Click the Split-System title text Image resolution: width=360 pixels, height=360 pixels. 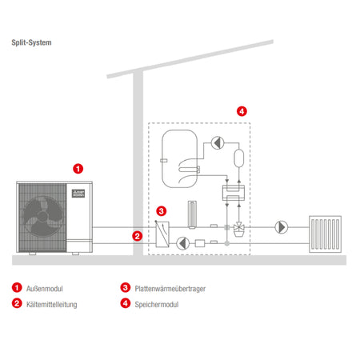click(31, 42)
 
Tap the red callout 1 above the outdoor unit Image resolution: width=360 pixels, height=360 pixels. click(78, 169)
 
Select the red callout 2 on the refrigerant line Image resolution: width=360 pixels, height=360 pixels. click(138, 236)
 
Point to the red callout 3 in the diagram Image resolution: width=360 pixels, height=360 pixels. click(162, 211)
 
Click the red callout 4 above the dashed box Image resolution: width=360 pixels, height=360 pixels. click(242, 111)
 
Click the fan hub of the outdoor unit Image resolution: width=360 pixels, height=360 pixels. click(42, 216)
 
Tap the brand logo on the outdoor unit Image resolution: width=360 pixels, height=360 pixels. click(78, 194)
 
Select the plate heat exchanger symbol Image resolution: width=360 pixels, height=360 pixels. click(162, 234)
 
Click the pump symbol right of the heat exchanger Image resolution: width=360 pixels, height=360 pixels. click(183, 243)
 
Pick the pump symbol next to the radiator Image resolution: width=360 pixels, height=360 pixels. click(282, 227)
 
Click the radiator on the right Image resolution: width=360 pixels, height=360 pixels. click(325, 234)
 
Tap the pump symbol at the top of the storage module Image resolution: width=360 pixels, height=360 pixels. click(218, 143)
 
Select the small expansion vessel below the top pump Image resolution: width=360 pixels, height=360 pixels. click(239, 158)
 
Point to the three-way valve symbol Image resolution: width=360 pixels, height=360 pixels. click(239, 229)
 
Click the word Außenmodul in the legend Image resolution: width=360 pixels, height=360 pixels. click(45, 289)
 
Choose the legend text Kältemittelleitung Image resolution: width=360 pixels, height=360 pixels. click(52, 305)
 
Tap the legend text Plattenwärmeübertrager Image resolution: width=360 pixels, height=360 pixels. click(170, 289)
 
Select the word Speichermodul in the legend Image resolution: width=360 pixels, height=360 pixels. click(157, 305)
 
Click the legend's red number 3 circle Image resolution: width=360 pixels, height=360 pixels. click(126, 287)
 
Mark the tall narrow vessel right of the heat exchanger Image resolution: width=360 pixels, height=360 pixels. click(192, 214)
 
